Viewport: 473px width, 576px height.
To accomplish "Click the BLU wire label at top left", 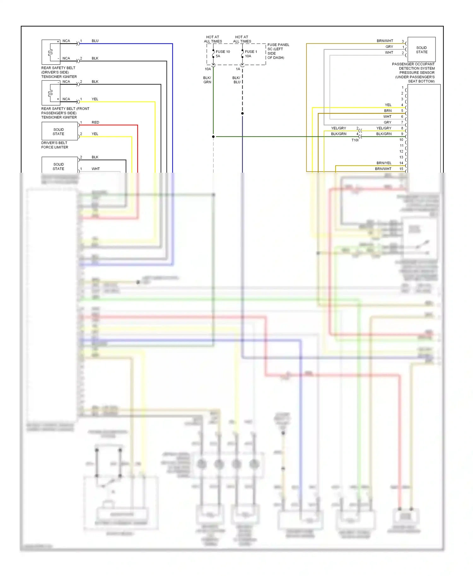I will coord(95,41).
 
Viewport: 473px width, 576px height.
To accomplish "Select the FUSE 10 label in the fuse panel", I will coord(223,52).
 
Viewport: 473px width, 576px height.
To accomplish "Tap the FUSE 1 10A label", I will coord(251,54).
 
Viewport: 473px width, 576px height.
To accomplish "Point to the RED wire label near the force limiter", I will coord(95,122).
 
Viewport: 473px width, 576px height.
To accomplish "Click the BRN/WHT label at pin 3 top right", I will coord(385,41).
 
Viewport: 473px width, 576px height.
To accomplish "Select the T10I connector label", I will coord(355,140).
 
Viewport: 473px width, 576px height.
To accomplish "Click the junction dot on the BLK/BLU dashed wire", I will coord(242,113).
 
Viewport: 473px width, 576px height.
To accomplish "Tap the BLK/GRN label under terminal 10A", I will coord(207,80).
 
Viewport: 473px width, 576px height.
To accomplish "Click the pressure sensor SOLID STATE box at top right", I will coord(421,50).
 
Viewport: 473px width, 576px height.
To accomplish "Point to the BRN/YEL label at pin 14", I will coord(384,163).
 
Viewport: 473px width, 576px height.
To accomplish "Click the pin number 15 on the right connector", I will coord(401,169).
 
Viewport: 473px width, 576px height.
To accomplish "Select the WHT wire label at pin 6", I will coord(387,117).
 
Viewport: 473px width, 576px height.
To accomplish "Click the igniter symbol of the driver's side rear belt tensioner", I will coord(50,52).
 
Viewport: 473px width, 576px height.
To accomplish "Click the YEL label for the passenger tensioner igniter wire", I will coord(95,99).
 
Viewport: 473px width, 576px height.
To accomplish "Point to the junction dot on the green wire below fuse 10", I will coord(213,136).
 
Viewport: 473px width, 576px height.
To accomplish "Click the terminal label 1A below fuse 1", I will coord(238,69).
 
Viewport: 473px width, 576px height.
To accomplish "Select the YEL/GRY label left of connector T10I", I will coord(338,128).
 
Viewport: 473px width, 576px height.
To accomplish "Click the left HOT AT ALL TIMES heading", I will coord(213,39).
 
